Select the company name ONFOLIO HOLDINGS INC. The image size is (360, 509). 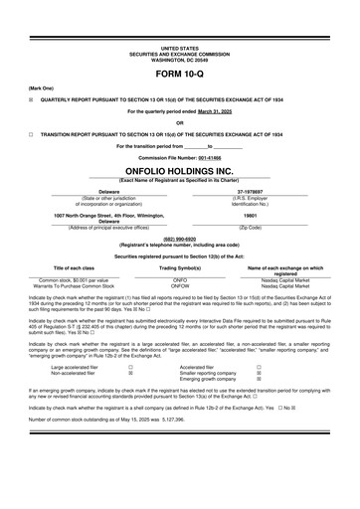179,170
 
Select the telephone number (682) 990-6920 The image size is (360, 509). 179,239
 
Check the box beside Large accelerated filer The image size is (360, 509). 131,367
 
